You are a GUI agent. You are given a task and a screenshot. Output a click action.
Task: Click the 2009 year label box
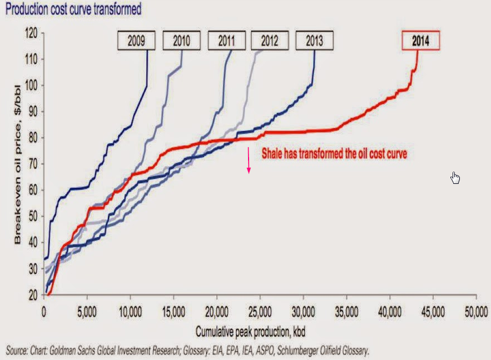coord(137,41)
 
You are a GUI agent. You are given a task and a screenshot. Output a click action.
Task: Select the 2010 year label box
coord(182,41)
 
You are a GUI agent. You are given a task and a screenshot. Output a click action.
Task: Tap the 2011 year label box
coord(227,41)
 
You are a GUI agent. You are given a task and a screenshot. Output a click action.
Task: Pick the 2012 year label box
coord(270,41)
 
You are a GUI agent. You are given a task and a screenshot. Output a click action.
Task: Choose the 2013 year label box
coord(315,41)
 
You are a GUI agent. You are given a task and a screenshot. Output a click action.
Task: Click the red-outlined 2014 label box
coord(421,41)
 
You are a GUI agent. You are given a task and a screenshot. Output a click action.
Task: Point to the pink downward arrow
coord(249,161)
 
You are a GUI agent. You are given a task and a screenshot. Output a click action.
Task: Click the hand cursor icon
coord(456,178)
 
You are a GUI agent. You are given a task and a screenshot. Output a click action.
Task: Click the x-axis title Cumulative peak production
coord(250,332)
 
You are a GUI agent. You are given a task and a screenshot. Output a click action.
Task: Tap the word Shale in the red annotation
coord(272,154)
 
